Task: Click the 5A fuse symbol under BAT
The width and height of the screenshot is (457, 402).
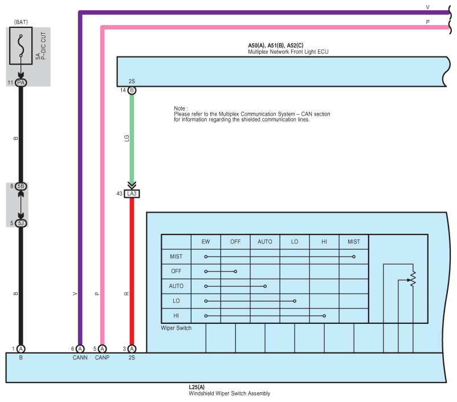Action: pyautogui.click(x=21, y=47)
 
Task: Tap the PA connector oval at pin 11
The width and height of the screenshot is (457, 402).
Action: pyautogui.click(x=21, y=83)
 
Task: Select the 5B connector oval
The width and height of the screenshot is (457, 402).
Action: pyautogui.click(x=21, y=186)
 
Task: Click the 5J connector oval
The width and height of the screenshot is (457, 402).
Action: pyautogui.click(x=21, y=223)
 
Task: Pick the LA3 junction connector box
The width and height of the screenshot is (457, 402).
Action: pyautogui.click(x=132, y=194)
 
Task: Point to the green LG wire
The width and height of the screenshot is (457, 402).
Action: pyautogui.click(x=132, y=137)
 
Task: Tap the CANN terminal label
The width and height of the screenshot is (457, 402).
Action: pyautogui.click(x=80, y=358)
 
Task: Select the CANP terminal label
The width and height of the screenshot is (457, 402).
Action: pyautogui.click(x=102, y=358)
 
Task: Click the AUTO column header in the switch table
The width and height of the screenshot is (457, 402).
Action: pyautogui.click(x=265, y=242)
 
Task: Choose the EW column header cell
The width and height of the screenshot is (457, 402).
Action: pyautogui.click(x=206, y=242)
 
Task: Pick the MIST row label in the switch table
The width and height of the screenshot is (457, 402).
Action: pyautogui.click(x=176, y=257)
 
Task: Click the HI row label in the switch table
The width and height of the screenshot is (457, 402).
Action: pyautogui.click(x=176, y=315)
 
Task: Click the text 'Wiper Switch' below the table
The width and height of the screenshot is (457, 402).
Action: pyautogui.click(x=176, y=328)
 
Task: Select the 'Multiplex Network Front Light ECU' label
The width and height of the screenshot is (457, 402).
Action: pyautogui.click(x=288, y=52)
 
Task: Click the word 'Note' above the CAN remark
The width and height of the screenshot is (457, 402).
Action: pyautogui.click(x=180, y=108)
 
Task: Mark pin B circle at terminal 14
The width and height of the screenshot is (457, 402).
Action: pyautogui.click(x=132, y=91)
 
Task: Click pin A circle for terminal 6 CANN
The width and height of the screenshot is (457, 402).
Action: pyautogui.click(x=80, y=349)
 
